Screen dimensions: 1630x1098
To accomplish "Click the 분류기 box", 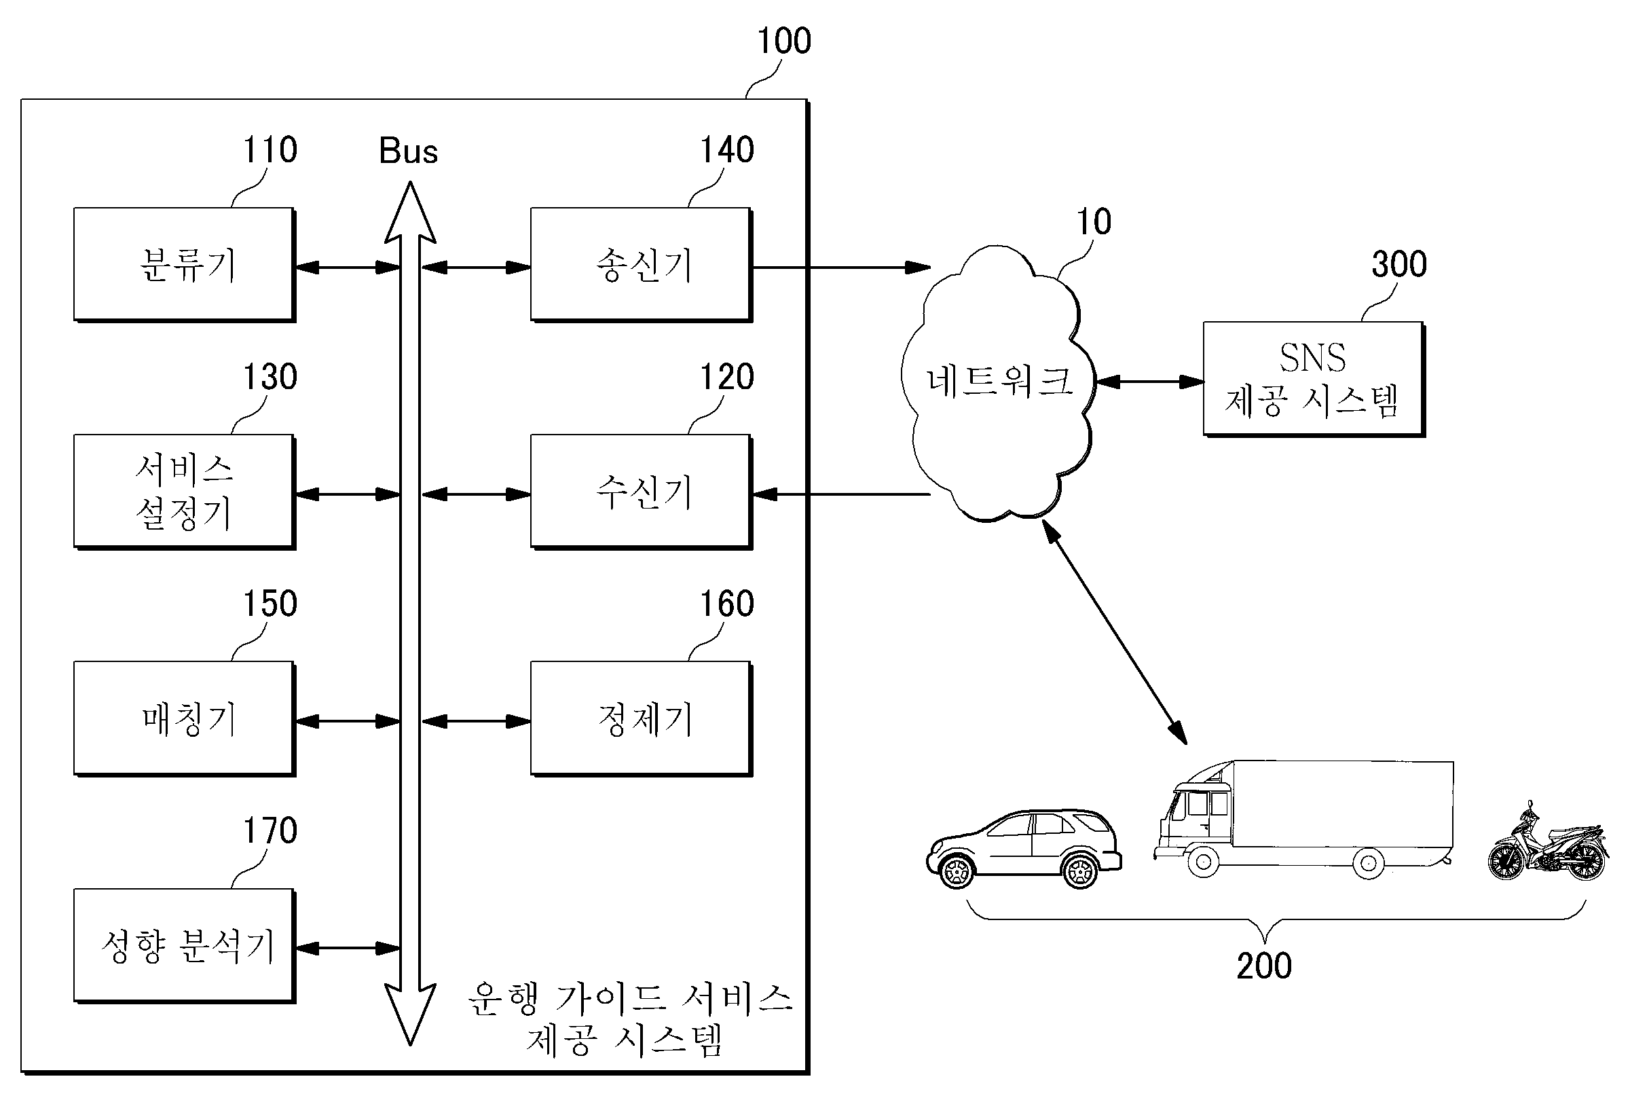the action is (184, 265).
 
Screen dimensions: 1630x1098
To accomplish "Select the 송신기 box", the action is (642, 265).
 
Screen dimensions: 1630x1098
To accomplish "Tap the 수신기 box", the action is (642, 492).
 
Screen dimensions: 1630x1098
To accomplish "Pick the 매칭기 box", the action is (184, 718).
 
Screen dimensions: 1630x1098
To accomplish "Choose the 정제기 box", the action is (642, 718).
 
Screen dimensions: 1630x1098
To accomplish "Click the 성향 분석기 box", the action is (184, 945).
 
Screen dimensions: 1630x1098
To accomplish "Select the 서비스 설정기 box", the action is (184, 492).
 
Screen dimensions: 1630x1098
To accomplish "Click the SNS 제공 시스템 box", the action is (1314, 379).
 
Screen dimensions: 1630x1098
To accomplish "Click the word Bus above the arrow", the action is (408, 151).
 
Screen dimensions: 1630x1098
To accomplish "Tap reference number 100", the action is (784, 41).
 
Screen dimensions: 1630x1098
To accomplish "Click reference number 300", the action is (1399, 264).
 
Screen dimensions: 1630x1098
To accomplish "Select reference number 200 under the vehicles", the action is (1264, 966).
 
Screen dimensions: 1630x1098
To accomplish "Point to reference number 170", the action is (270, 830).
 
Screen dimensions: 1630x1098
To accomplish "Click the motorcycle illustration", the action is (1548, 843).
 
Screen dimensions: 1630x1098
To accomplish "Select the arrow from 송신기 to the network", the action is (841, 268).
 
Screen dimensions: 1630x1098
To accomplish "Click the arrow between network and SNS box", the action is (1149, 382).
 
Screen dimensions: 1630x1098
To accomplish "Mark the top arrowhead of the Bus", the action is (410, 210).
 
